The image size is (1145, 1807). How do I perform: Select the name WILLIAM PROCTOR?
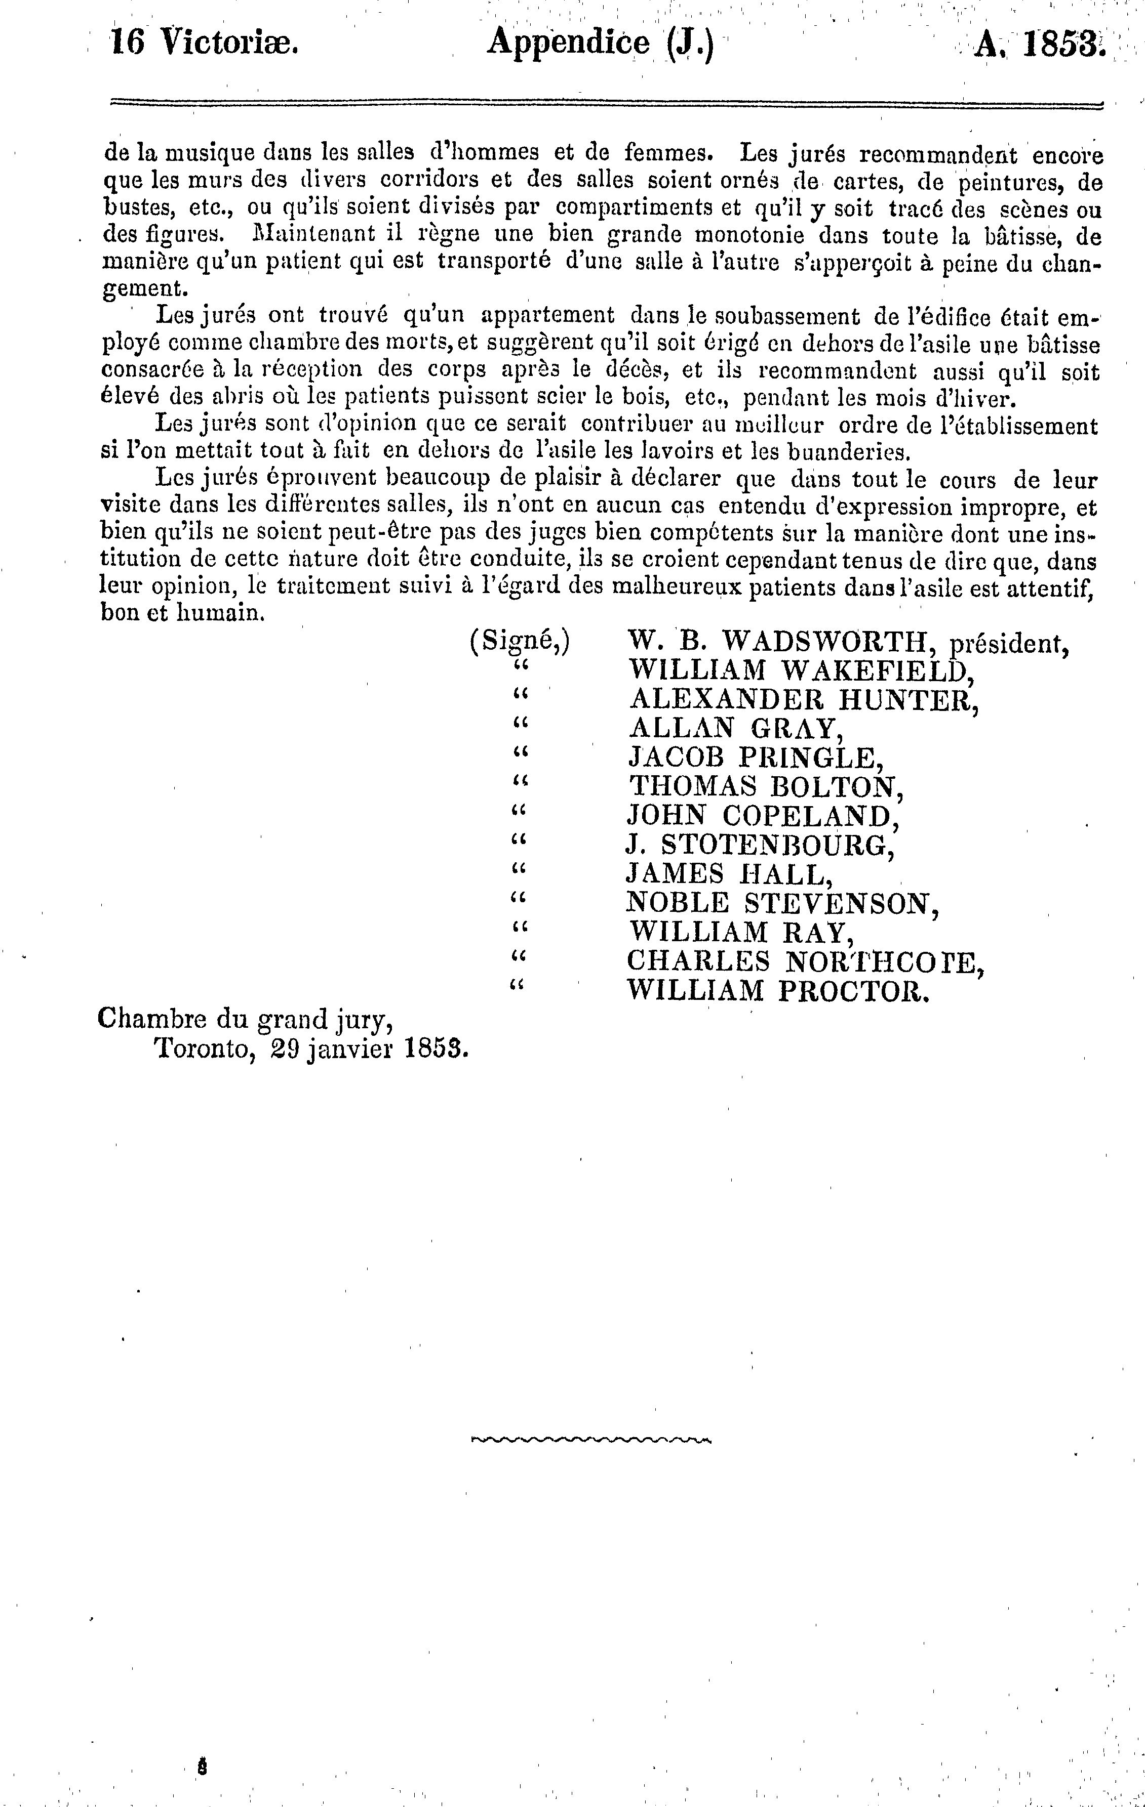(x=778, y=991)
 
